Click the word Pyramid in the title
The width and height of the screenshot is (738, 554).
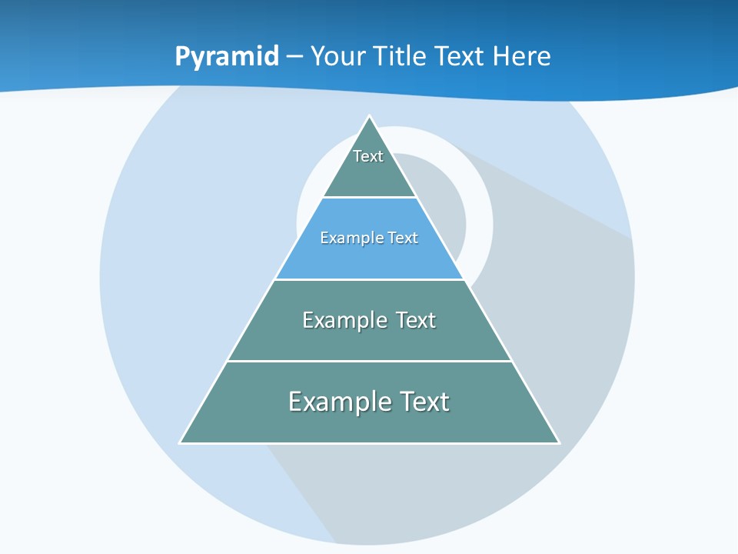point(226,57)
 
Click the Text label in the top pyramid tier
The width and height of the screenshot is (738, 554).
point(368,156)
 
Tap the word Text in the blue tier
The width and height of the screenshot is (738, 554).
point(403,238)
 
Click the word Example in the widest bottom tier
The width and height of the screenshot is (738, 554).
point(339,402)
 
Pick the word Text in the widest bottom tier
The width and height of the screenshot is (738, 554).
point(421,402)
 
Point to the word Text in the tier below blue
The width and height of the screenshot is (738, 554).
point(416,320)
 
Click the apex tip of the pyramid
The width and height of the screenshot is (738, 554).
point(369,117)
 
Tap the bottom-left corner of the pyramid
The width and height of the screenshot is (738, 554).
point(181,442)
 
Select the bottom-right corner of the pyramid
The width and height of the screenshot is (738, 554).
point(558,442)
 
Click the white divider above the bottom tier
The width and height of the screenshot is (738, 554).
point(369,361)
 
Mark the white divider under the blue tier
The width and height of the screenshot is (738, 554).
point(369,279)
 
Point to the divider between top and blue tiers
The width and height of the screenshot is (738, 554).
point(369,198)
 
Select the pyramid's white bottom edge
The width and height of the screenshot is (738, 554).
point(369,443)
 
